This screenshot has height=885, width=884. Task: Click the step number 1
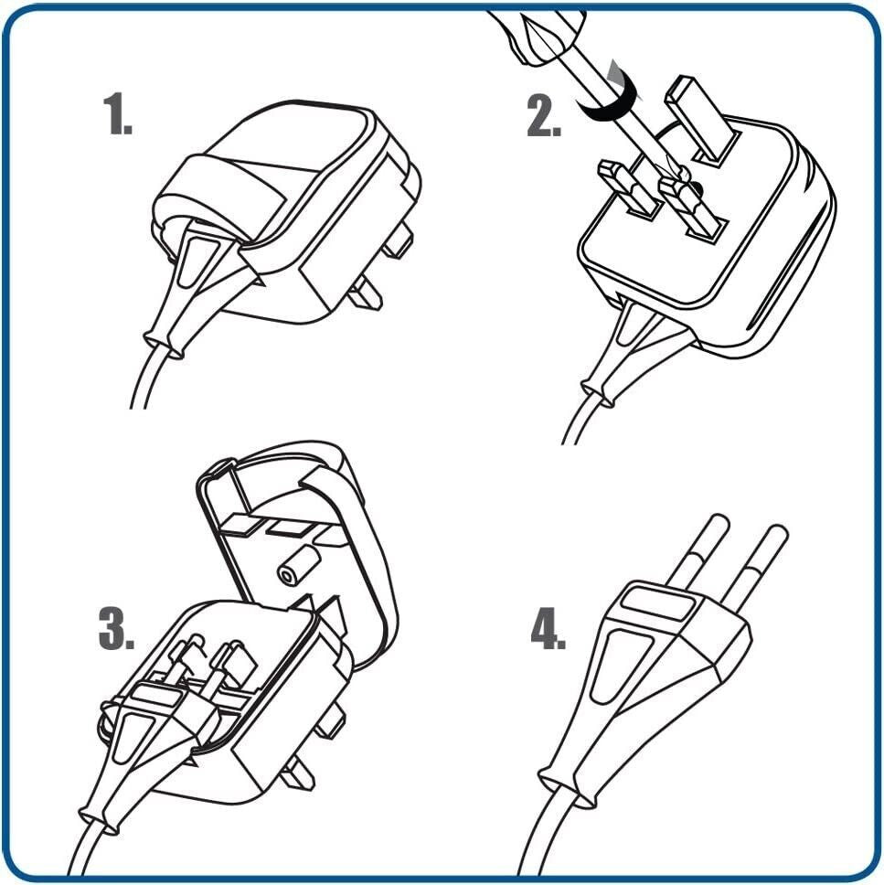point(117,114)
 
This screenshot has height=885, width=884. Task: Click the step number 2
point(544,116)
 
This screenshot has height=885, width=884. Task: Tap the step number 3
point(116,628)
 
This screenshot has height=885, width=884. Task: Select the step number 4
point(548,628)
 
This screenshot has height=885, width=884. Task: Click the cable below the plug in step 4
point(542,836)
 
